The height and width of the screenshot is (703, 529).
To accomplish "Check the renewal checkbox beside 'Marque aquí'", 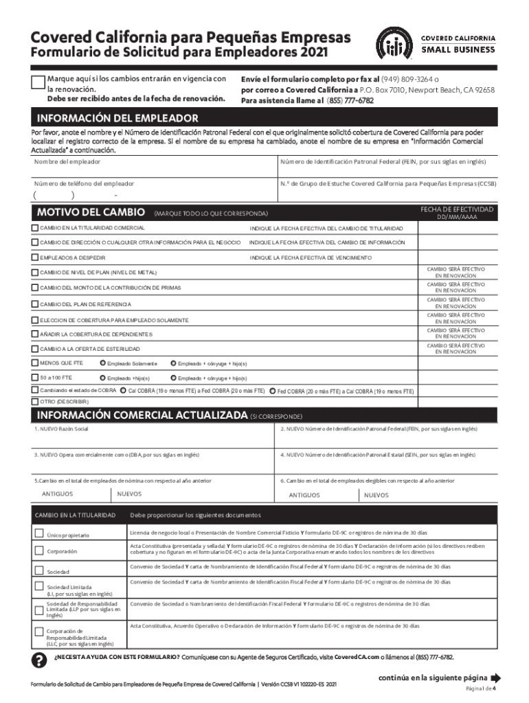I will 39,83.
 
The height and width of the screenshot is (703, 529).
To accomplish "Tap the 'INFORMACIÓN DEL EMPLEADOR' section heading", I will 117,118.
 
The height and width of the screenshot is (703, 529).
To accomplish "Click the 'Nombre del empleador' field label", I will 67,161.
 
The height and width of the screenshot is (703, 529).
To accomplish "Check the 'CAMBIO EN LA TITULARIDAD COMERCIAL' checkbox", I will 35,227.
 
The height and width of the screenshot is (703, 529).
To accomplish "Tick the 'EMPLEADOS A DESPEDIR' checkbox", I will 35,257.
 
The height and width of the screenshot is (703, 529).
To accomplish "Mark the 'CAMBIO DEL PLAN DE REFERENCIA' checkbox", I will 35,303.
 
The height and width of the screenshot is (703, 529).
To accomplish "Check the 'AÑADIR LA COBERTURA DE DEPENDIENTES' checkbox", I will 35,334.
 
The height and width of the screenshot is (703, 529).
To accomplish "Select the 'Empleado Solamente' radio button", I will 103,362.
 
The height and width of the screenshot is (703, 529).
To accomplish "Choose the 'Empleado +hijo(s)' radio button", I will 103,378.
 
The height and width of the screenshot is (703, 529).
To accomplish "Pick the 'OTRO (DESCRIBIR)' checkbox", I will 35,401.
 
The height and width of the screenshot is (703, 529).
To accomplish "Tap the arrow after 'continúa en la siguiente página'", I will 496,676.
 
